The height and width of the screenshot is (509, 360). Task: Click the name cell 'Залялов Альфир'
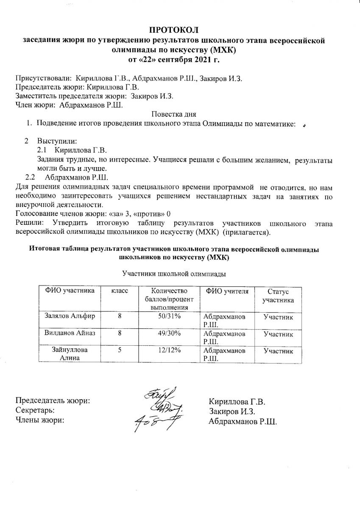(70, 316)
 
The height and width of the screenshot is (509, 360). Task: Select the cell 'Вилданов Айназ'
(70, 334)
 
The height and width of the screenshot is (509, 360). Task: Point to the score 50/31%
(169, 316)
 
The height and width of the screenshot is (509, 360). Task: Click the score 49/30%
(169, 334)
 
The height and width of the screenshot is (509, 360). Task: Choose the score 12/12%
(169, 350)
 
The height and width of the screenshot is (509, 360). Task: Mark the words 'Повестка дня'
(174, 114)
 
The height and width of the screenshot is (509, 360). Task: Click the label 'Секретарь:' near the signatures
(35, 410)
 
